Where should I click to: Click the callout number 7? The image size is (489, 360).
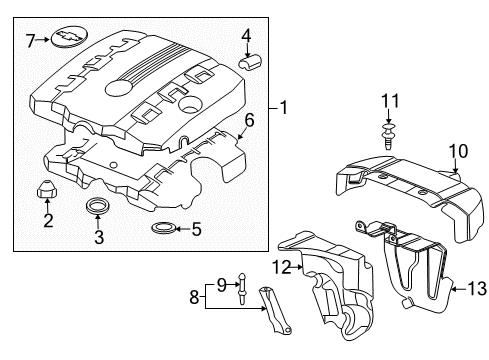(30, 41)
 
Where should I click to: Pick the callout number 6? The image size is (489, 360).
(250, 120)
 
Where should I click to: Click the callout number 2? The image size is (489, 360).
(47, 220)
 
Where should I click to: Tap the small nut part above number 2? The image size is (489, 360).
(47, 188)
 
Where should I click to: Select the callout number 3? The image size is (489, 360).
(98, 237)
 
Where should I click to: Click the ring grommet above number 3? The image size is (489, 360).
(98, 207)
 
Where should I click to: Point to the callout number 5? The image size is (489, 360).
(196, 229)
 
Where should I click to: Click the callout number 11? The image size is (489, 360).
(389, 101)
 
